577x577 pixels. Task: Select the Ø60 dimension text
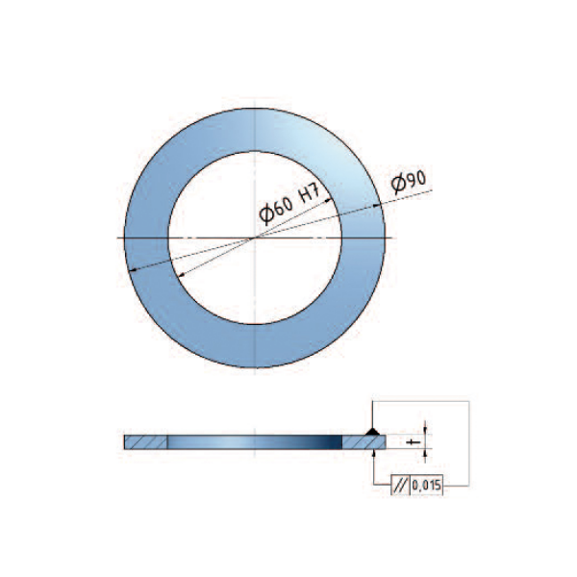276,210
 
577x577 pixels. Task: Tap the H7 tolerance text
310,192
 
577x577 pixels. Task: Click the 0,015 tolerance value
426,486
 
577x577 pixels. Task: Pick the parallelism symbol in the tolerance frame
400,486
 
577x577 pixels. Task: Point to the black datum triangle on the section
373,431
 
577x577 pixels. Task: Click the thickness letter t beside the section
414,442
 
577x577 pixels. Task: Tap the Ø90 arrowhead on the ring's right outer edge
377,206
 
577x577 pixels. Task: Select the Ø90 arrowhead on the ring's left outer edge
134,270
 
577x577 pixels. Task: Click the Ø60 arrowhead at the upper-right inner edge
329,201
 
